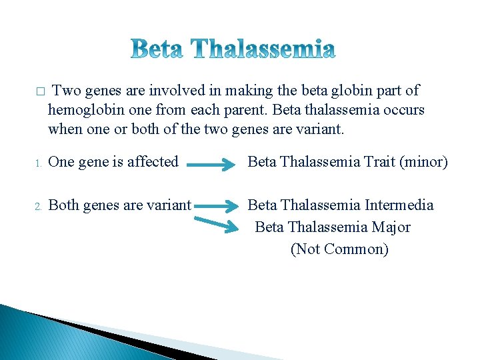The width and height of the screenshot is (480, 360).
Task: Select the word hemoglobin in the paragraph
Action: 79,109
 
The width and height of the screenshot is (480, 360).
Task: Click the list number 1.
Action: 39,163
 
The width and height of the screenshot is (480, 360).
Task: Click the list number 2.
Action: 39,206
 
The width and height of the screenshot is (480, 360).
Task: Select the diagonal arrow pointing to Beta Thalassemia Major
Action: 221,223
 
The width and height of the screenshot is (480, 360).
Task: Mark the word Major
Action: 391,227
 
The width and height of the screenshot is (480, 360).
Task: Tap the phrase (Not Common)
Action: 339,249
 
